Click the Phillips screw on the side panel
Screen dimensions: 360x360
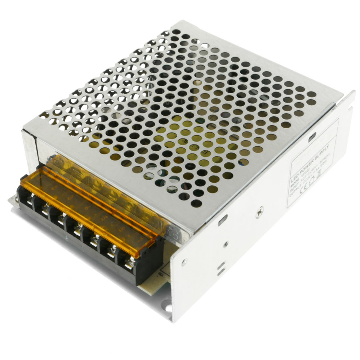click(259, 212)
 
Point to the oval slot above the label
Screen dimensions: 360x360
click(312, 136)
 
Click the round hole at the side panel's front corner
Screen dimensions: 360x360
click(184, 262)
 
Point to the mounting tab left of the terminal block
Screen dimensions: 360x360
click(13, 200)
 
